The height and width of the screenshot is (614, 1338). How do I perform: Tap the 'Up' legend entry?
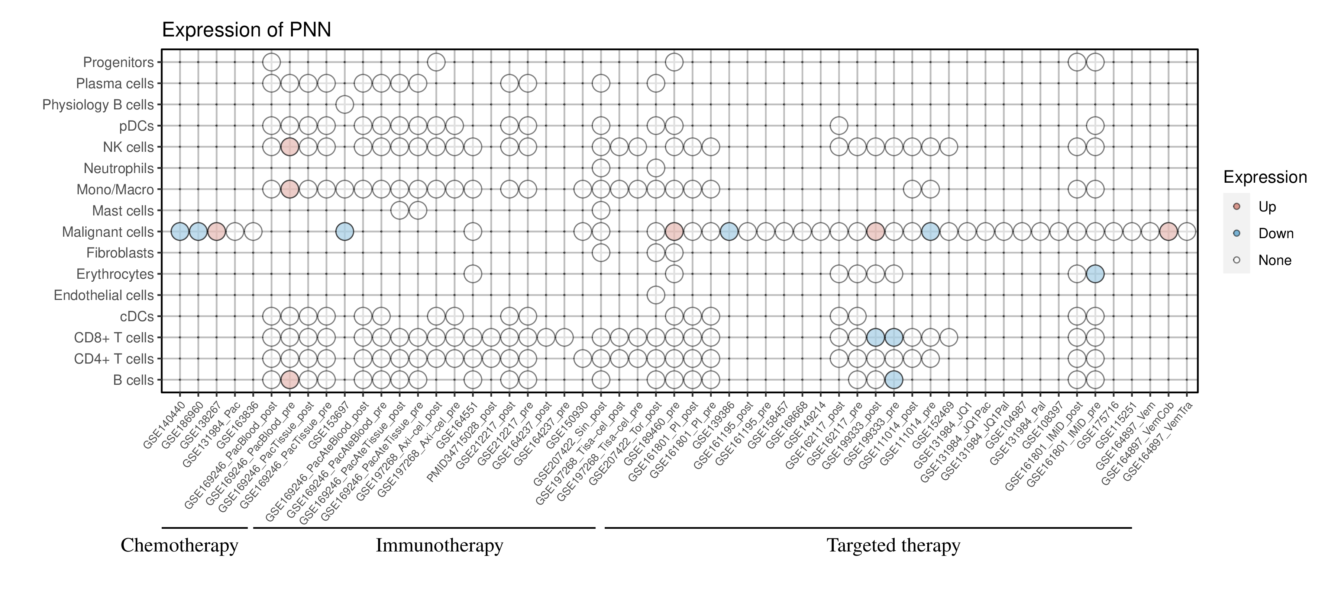click(x=1267, y=207)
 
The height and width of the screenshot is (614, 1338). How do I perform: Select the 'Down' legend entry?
click(x=1275, y=233)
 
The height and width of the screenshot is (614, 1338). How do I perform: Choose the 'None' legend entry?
click(x=1274, y=260)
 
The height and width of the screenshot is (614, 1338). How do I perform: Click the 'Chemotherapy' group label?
click(x=179, y=546)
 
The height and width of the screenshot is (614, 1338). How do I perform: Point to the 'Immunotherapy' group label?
click(x=439, y=546)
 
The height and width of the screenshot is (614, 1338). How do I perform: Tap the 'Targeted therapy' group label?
click(x=893, y=546)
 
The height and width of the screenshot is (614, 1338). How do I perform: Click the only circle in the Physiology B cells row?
click(x=345, y=105)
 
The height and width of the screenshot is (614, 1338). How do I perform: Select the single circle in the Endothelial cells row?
click(x=656, y=295)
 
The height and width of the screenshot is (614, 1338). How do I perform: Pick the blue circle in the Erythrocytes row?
click(x=1095, y=274)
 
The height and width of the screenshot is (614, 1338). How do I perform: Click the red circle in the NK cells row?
click(x=289, y=147)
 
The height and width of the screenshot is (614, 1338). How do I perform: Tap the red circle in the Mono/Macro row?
click(x=289, y=189)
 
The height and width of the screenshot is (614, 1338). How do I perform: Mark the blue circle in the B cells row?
click(x=893, y=380)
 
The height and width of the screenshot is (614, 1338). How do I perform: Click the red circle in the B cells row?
click(x=289, y=380)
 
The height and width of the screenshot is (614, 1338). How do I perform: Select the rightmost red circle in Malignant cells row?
click(x=1168, y=231)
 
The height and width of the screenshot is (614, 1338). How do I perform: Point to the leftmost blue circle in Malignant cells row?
click(x=180, y=231)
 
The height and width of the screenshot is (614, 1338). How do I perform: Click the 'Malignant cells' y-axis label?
click(x=108, y=232)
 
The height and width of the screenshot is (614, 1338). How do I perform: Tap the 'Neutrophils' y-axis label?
click(x=119, y=169)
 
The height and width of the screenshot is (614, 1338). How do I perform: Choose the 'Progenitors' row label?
click(x=119, y=63)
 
